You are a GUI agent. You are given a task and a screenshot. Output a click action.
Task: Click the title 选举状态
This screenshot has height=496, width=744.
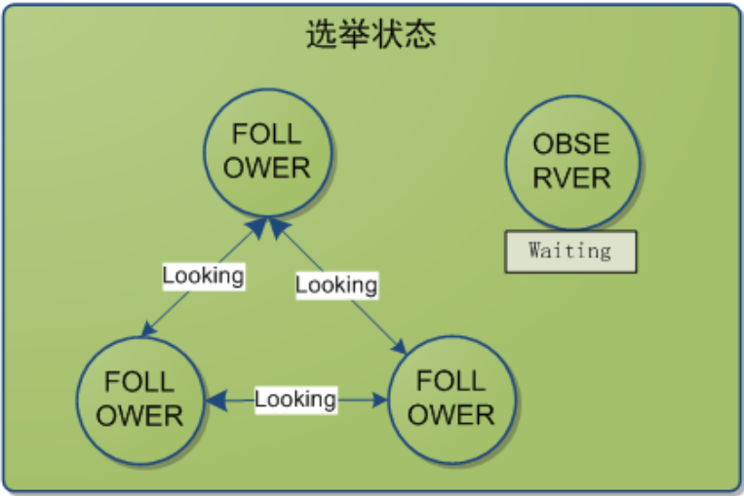371,35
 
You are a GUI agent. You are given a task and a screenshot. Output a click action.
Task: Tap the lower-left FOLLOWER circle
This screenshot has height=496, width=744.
140,399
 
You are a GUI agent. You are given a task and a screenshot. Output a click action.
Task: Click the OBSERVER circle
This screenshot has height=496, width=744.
571,161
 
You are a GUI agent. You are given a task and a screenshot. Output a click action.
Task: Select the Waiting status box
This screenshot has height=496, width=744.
570,250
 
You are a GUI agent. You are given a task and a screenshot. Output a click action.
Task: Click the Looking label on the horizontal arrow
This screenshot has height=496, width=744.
295,400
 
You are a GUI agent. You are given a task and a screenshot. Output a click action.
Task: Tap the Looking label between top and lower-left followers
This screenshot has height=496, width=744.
203,276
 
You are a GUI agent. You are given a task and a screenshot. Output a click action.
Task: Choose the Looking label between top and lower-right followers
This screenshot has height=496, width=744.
336,286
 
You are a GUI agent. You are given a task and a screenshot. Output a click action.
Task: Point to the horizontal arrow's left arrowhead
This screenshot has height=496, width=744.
214,400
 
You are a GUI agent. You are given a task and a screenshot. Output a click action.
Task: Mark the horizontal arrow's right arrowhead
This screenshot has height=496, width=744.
379,400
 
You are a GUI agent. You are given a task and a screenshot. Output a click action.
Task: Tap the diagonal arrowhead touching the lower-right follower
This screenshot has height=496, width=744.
400,348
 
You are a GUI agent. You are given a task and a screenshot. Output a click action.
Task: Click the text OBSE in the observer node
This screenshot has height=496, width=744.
571,144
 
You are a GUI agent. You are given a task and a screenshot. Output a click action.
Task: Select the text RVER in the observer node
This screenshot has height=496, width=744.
571,177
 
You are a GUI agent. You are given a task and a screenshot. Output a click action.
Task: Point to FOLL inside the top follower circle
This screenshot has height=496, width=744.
267,134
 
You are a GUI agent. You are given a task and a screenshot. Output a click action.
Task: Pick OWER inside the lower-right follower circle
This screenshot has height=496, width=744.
451,414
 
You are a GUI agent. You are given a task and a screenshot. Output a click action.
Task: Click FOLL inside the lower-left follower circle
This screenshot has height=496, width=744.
140,381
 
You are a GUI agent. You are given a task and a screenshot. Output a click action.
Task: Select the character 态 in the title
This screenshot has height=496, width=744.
420,35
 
